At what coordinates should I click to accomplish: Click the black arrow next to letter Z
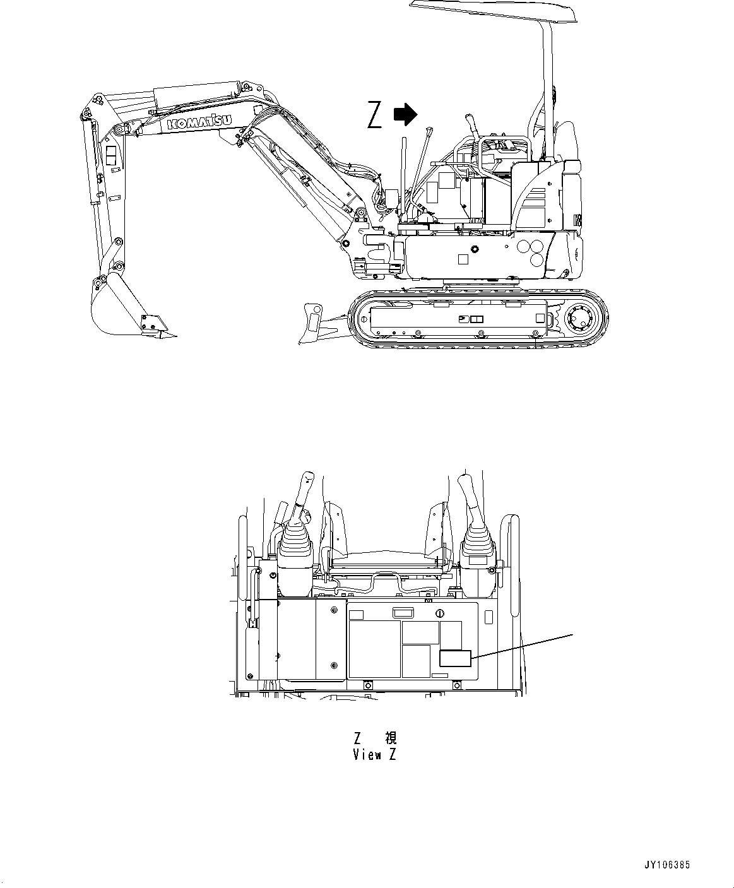click(405, 114)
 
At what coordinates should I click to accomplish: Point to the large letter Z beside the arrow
click(375, 115)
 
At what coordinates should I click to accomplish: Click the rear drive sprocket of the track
click(579, 317)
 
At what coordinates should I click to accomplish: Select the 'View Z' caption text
click(374, 755)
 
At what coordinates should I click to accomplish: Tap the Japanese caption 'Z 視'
click(374, 738)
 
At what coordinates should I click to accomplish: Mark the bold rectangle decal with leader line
click(454, 658)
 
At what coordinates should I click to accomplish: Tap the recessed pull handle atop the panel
click(402, 612)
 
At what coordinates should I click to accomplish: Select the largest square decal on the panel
click(375, 649)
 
